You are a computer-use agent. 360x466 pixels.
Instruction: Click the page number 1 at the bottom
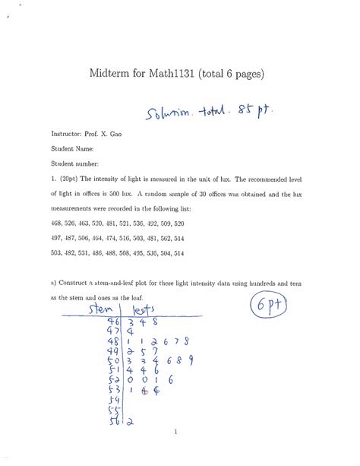pyautogui.click(x=175, y=433)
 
